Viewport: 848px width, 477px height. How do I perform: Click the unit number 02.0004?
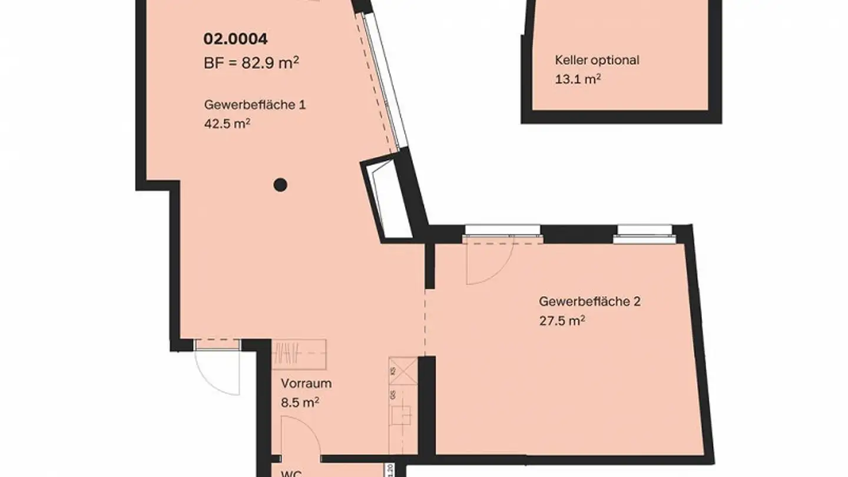click(236, 39)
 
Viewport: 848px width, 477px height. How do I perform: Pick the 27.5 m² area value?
click(562, 321)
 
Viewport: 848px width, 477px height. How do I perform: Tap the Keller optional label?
click(597, 60)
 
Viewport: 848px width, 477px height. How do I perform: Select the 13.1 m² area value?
click(578, 79)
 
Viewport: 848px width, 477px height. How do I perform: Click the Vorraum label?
click(306, 383)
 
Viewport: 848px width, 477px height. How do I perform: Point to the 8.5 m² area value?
click(300, 402)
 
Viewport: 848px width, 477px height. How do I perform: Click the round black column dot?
click(281, 185)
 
